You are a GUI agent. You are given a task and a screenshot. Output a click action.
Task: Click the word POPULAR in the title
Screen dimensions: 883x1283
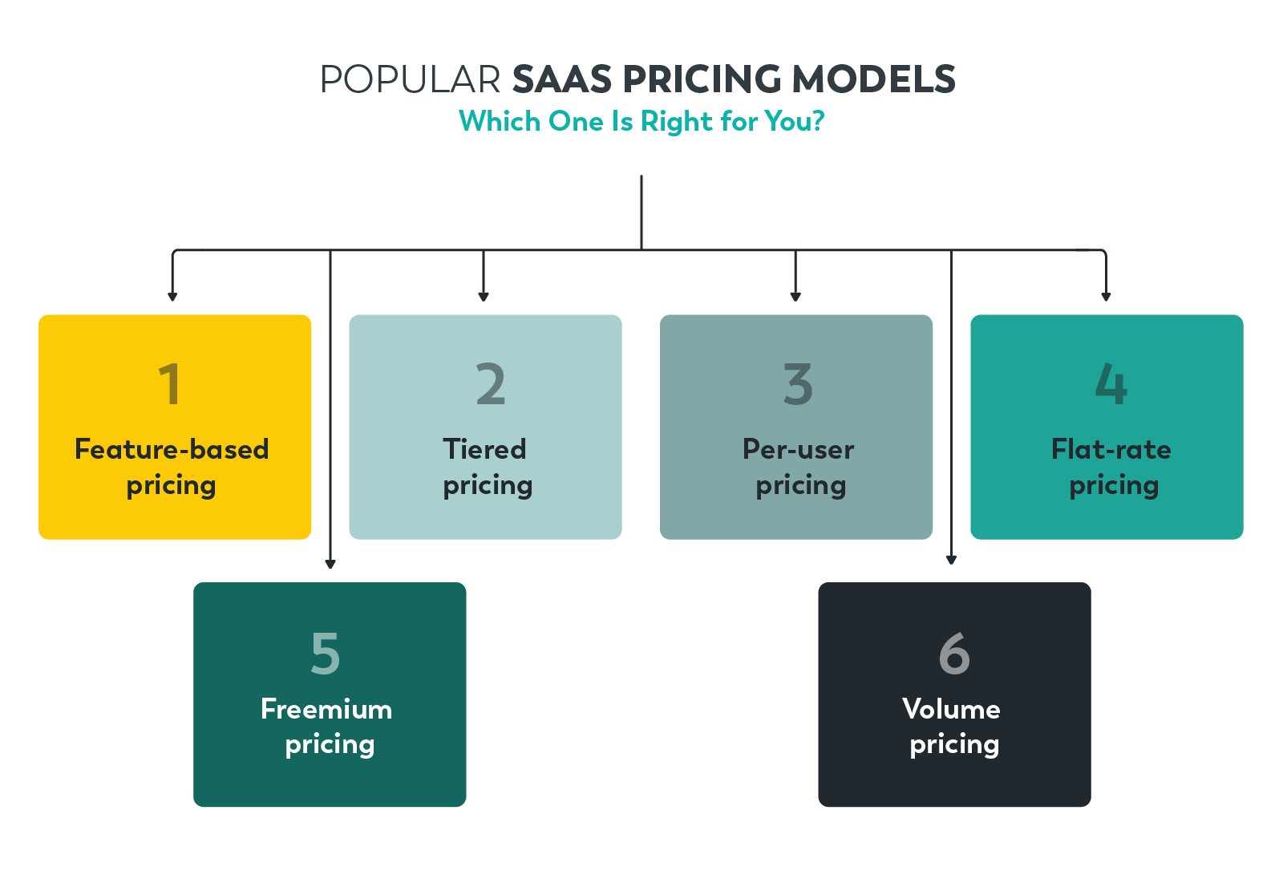(x=410, y=80)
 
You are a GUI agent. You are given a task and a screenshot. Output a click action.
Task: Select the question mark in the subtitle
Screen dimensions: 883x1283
(x=817, y=122)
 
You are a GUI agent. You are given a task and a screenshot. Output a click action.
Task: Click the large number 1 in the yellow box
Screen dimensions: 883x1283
(x=169, y=384)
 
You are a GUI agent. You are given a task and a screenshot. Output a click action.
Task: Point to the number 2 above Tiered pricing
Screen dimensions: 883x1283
(x=490, y=384)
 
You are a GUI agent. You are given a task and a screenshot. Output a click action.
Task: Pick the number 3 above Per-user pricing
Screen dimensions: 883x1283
(x=798, y=384)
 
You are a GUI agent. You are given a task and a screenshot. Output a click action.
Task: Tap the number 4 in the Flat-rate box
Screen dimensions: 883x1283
(x=1111, y=384)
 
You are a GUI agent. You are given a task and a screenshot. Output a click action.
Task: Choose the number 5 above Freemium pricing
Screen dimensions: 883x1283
(x=326, y=653)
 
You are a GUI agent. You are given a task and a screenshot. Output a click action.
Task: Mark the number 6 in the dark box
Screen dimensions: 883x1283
(x=954, y=653)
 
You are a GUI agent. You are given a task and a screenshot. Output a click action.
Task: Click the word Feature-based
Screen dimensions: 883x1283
(x=172, y=449)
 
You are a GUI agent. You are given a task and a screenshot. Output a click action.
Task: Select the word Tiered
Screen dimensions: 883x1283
(x=484, y=449)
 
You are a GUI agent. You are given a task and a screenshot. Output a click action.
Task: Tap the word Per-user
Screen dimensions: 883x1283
(x=798, y=449)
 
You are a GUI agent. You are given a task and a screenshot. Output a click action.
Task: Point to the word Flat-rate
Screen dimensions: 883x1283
(x=1111, y=449)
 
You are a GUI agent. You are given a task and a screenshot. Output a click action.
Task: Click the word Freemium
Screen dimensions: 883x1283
(x=326, y=709)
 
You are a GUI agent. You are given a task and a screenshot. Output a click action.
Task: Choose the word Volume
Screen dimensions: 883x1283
(x=951, y=709)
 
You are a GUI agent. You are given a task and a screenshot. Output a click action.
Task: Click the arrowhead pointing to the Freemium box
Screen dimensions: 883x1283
(x=330, y=564)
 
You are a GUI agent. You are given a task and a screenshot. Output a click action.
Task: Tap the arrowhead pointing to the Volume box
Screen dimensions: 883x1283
(x=951, y=560)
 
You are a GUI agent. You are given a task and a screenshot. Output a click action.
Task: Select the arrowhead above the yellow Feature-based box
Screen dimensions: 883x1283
(x=172, y=297)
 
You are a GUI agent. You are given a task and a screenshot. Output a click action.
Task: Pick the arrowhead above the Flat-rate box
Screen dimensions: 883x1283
(x=1106, y=297)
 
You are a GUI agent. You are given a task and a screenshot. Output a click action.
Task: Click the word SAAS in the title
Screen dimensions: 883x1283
(x=562, y=80)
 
